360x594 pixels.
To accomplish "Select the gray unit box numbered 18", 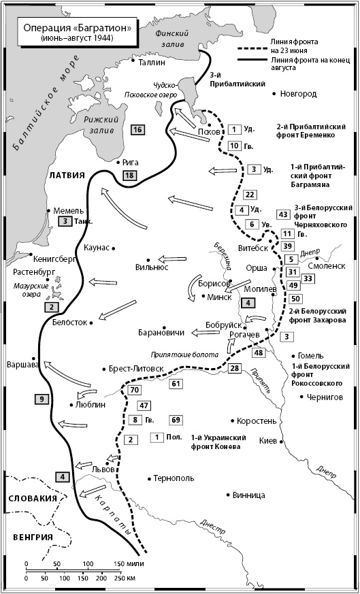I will pos(129,176).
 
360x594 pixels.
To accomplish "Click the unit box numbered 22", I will pos(250,195).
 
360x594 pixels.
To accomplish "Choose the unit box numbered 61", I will pos(177,384).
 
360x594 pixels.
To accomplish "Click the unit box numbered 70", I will pos(133,390).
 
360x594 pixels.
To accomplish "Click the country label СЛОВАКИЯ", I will pos(31,498).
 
